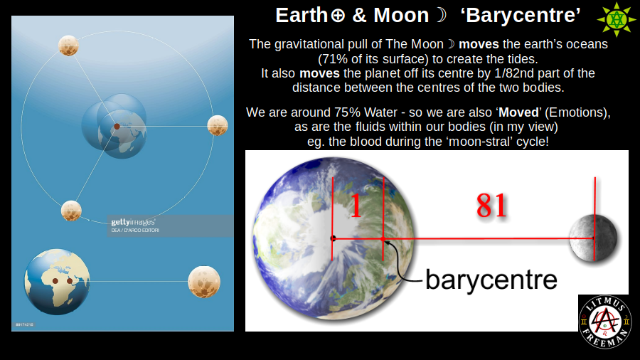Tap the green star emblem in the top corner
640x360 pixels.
click(616, 19)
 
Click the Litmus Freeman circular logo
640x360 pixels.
click(604, 322)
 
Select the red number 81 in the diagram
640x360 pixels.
click(491, 206)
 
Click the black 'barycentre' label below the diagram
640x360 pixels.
click(491, 279)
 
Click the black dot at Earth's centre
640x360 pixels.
click(333, 238)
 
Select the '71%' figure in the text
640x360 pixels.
click(333, 58)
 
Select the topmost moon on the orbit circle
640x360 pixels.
click(68, 46)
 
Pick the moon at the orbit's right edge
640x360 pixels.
click(217, 126)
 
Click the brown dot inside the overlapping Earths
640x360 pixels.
click(117, 126)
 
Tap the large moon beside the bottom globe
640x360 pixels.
click(204, 282)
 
